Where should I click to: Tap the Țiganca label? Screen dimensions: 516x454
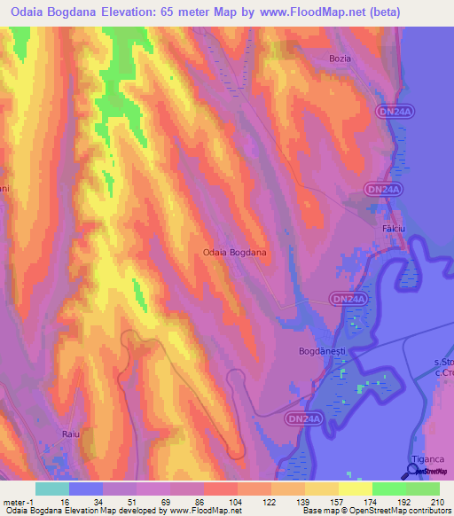(x=427, y=471)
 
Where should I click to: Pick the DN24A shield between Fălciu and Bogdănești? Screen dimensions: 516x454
(x=347, y=301)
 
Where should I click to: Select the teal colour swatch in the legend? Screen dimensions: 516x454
(x=52, y=489)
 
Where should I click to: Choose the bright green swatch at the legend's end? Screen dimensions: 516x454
(x=422, y=489)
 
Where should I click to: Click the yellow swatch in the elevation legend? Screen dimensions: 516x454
(x=355, y=489)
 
